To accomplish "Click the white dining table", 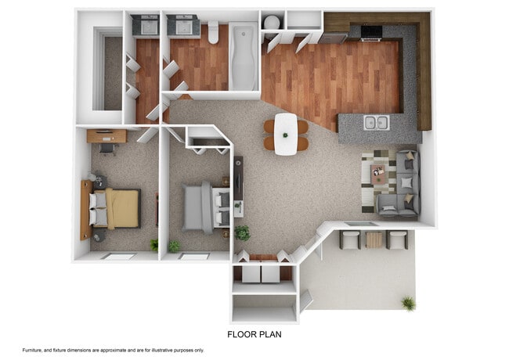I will (286, 133).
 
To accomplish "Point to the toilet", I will (213, 31).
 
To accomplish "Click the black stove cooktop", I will (370, 31).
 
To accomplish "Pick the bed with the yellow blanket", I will (119, 208).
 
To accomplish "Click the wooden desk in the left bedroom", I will (106, 136).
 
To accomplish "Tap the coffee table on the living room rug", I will (379, 174).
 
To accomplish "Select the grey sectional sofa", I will (403, 185).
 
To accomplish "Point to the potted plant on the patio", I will (407, 303).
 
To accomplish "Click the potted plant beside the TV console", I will (243, 232).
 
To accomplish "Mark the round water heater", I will (271, 22).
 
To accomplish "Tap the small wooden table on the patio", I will (374, 239).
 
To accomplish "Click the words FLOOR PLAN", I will (254, 334).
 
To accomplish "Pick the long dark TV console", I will (238, 186).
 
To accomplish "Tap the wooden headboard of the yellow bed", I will (85, 209).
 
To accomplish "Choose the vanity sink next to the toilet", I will (184, 27).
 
